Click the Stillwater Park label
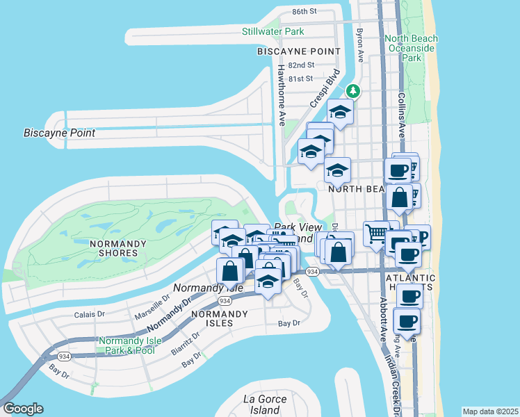click(x=273, y=32)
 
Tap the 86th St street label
click(x=304, y=12)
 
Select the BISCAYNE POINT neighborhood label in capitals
click(x=299, y=51)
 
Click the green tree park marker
click(x=353, y=91)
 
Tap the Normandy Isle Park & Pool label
click(x=127, y=345)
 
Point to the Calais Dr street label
click(x=88, y=314)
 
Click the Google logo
click(x=22, y=409)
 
